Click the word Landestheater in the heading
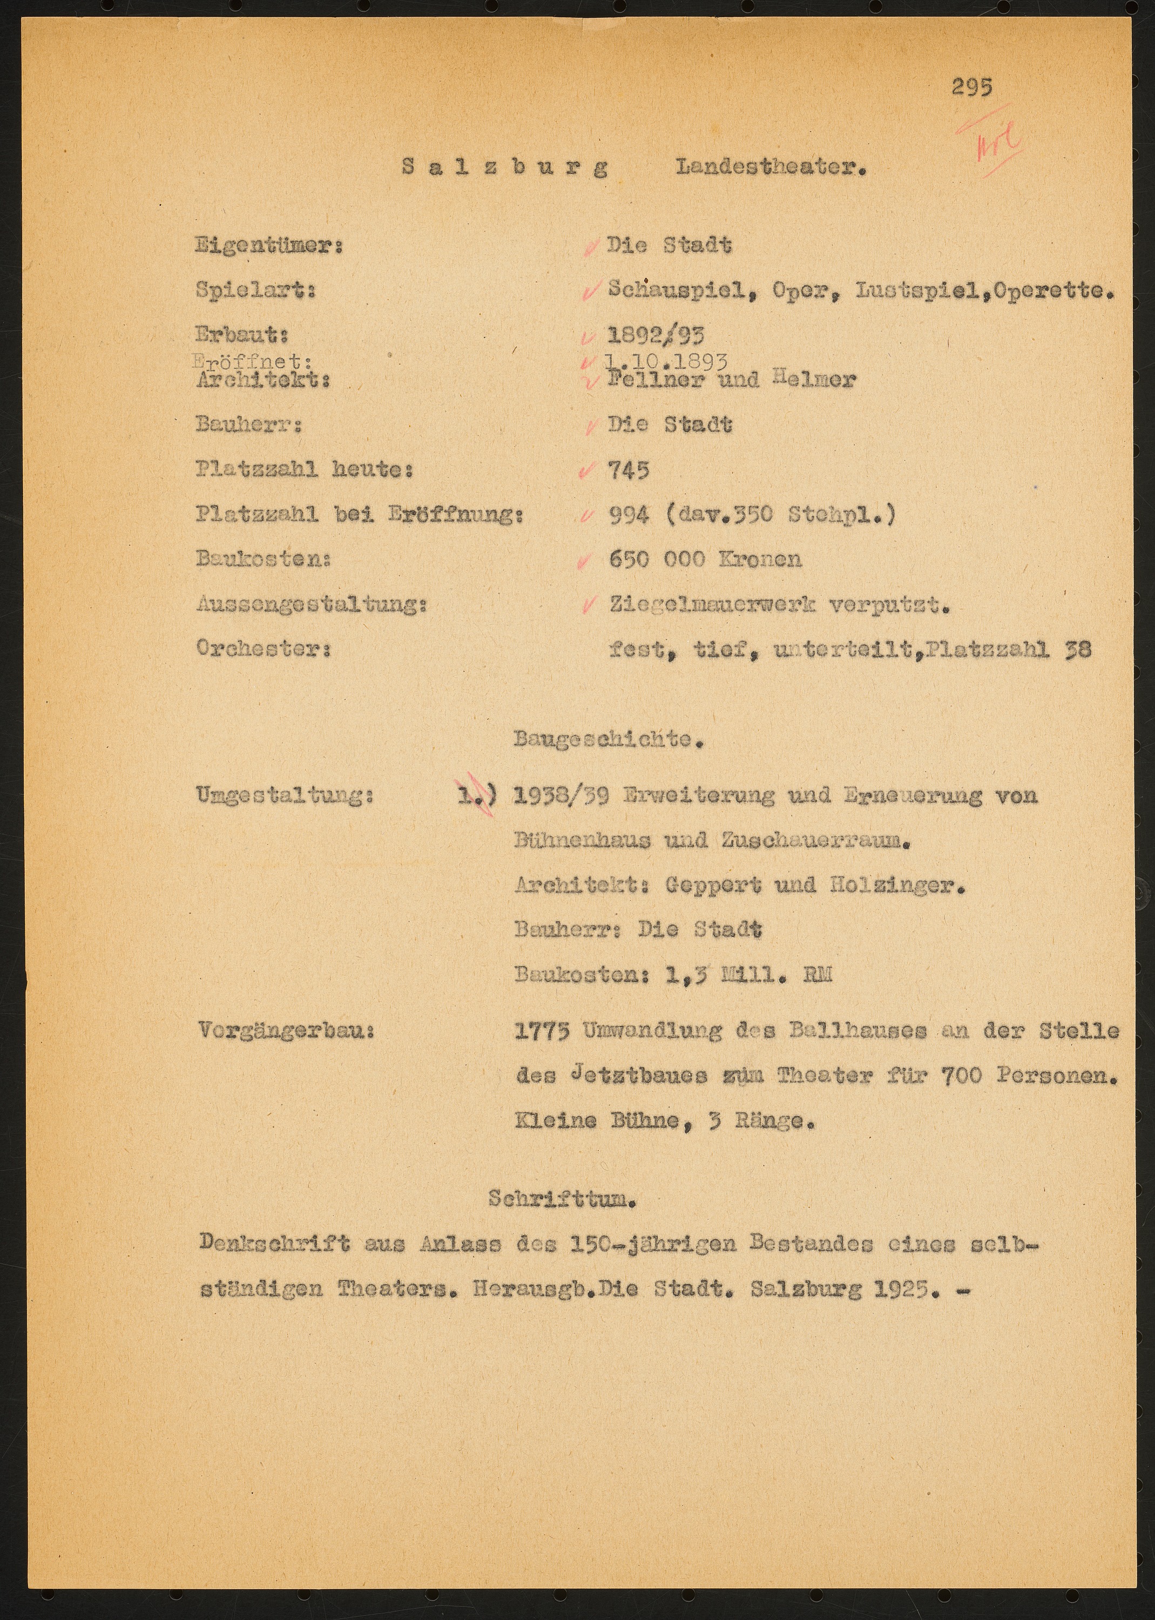pyautogui.click(x=771, y=168)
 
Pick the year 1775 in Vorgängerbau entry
pyautogui.click(x=542, y=1031)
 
